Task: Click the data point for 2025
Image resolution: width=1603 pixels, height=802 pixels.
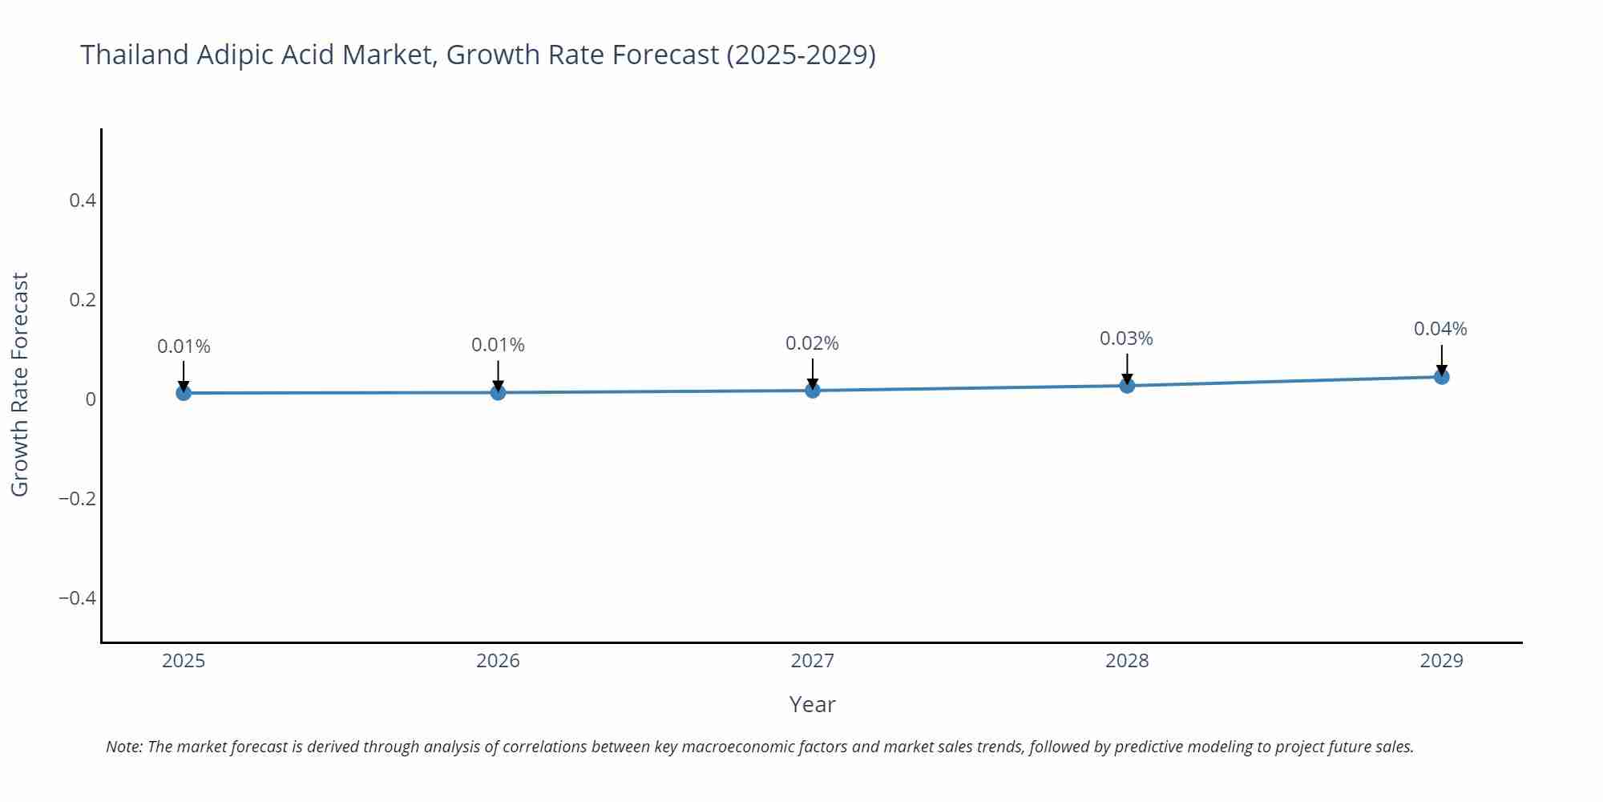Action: pos(184,393)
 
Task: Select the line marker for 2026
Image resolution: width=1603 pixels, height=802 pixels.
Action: pos(498,392)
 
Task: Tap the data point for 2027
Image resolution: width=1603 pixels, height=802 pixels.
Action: pos(813,391)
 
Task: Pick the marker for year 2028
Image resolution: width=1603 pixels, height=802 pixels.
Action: pos(1127,386)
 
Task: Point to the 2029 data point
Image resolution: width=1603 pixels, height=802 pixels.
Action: pos(1441,376)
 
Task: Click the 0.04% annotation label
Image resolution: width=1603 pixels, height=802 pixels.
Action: pos(1439,329)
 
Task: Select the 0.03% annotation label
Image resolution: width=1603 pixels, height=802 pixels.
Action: pos(1125,338)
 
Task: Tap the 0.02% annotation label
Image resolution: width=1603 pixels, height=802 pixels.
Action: pos(811,343)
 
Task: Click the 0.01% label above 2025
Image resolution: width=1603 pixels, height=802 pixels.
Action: pos(184,346)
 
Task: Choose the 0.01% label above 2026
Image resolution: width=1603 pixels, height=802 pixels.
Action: pos(498,345)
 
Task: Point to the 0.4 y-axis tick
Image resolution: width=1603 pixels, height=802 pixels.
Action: pos(83,200)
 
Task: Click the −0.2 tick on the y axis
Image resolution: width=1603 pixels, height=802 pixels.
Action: pos(77,499)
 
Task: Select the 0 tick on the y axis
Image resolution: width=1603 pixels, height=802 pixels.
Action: pos(91,399)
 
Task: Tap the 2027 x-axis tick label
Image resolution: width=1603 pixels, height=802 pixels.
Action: pos(812,661)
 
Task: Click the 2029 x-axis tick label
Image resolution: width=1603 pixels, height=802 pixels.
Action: pos(1441,661)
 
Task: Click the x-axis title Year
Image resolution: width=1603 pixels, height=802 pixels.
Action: pos(812,704)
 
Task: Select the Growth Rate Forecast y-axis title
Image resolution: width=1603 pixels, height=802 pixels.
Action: pos(20,384)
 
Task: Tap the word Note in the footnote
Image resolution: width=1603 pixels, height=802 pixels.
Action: pos(123,747)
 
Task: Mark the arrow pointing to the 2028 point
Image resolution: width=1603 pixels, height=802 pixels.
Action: pos(1127,369)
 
